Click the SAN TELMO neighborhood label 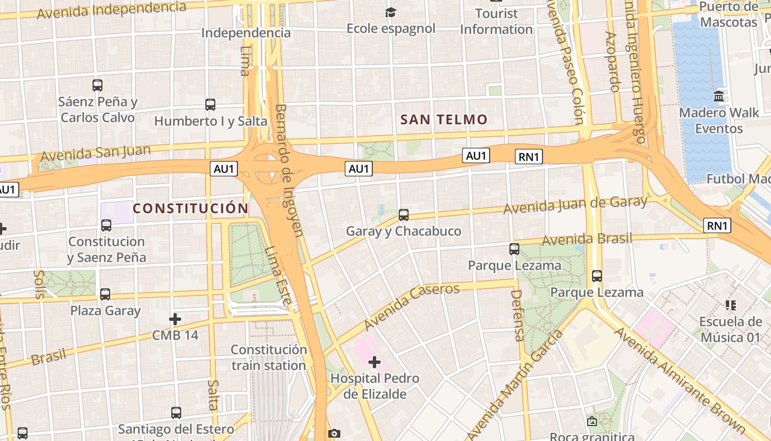tap(444, 120)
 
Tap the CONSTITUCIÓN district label tap(191, 208)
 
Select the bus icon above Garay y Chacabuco tap(404, 214)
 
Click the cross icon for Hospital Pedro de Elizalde tap(374, 362)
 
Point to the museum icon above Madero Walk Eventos tap(719, 96)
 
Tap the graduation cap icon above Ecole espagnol tap(390, 12)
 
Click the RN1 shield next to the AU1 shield tap(529, 157)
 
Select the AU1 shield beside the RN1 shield tap(476, 156)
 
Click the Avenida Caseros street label tap(411, 306)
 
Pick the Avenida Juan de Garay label tap(575, 205)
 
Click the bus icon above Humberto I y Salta tap(210, 104)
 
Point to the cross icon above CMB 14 tap(175, 319)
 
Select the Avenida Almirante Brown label tap(681, 380)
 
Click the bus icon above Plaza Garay tap(105, 294)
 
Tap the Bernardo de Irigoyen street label tap(289, 170)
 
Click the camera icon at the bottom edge tap(334, 434)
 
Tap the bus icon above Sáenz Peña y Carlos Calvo tap(97, 85)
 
